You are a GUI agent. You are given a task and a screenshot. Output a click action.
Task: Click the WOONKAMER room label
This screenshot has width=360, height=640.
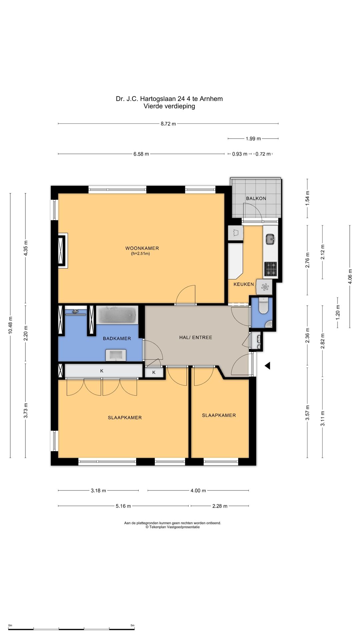[x=142, y=248]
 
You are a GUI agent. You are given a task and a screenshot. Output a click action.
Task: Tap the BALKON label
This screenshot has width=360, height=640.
[x=256, y=198]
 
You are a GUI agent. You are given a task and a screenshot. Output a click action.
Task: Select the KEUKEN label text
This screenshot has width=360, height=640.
[x=244, y=284]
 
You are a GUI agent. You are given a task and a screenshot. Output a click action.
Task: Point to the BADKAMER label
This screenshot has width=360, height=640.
[x=117, y=339]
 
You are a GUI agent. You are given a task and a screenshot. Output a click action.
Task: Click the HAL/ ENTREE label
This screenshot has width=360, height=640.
[x=196, y=337]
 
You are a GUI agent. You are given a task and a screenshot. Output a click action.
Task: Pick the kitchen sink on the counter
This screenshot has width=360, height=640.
[x=270, y=239]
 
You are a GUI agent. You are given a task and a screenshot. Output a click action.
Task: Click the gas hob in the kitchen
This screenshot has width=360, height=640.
[x=271, y=269]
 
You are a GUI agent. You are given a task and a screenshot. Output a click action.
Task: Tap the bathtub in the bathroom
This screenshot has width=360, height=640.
[x=117, y=315]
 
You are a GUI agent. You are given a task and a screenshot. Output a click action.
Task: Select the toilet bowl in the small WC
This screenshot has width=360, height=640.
[x=263, y=306]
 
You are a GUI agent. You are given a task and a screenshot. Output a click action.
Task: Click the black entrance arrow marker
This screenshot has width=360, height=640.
[x=267, y=366]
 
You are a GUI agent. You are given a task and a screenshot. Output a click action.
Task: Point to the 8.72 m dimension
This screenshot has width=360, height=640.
[x=168, y=124]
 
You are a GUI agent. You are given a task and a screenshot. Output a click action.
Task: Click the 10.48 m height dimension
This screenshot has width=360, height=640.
[x=10, y=326]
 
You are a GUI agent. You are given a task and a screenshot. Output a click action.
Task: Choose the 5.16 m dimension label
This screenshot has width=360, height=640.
[x=123, y=506]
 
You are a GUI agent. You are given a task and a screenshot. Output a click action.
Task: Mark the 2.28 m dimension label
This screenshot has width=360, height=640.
[x=220, y=506]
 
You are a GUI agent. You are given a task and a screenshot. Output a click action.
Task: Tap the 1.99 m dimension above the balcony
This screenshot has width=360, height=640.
[x=253, y=139]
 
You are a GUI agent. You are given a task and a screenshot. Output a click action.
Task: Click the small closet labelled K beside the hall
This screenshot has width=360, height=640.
[x=154, y=372]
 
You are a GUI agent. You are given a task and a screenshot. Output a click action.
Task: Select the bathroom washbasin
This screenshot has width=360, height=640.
[x=116, y=355]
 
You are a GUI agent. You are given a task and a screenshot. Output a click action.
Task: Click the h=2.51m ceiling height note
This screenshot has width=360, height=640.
[x=140, y=254]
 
